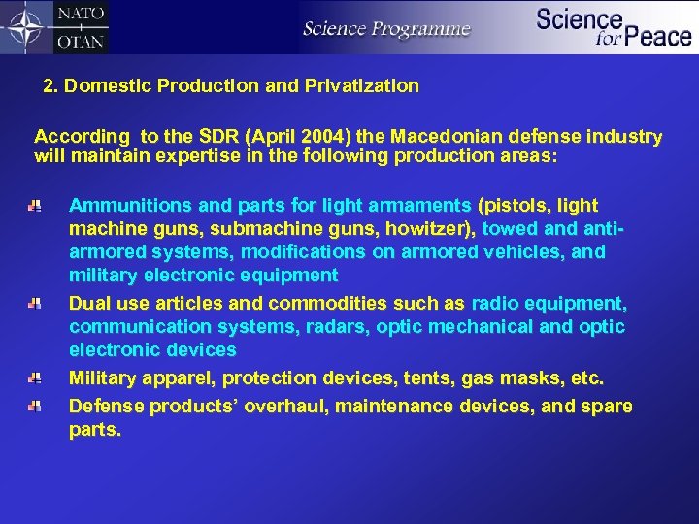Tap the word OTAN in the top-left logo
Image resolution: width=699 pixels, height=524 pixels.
82,41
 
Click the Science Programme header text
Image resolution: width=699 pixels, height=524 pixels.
386,28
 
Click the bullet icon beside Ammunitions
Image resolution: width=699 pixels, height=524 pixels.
34,206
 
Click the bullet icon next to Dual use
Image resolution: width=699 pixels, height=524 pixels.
34,304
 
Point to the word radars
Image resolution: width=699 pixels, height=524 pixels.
297,326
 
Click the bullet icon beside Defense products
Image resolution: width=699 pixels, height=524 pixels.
34,406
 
